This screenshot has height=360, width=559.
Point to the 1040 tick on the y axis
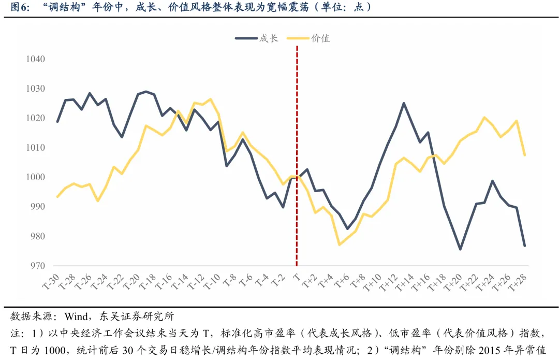point(35,59)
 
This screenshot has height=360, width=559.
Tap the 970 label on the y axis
point(37,266)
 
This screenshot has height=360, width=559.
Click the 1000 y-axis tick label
point(35,177)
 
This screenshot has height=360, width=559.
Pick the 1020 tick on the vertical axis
point(35,118)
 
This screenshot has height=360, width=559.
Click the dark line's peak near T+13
point(404,103)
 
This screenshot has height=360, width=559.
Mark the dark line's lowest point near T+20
point(460,249)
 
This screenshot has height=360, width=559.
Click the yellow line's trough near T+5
point(339,244)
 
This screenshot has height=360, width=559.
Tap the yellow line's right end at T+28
point(525,155)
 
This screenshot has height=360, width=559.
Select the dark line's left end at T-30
point(57,122)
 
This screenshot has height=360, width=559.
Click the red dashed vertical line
point(297,155)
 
